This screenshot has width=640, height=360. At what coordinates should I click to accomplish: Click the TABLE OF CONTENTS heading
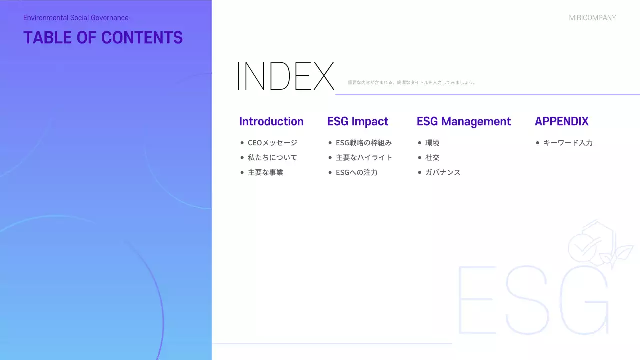pyautogui.click(x=103, y=38)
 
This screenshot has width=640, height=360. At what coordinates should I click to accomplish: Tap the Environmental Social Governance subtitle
pyautogui.click(x=76, y=18)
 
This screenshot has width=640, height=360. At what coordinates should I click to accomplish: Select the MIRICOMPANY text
pyautogui.click(x=592, y=18)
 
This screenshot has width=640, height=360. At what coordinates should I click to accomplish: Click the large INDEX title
pyautogui.click(x=285, y=76)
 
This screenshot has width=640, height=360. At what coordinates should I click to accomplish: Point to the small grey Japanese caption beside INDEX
pyautogui.click(x=411, y=83)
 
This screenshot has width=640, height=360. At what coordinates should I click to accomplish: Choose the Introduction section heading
pyautogui.click(x=271, y=121)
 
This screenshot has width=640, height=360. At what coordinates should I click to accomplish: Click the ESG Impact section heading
pyautogui.click(x=358, y=121)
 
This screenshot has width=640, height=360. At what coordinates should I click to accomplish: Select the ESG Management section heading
pyautogui.click(x=464, y=121)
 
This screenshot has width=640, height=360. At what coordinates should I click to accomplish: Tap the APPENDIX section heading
pyautogui.click(x=562, y=121)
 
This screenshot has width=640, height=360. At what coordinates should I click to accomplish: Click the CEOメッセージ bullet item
pyautogui.click(x=272, y=143)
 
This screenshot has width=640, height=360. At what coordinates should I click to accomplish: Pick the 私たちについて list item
pyautogui.click(x=272, y=158)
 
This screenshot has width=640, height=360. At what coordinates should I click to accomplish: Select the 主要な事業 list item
pyautogui.click(x=265, y=173)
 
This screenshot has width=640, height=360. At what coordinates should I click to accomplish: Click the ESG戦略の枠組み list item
pyautogui.click(x=364, y=143)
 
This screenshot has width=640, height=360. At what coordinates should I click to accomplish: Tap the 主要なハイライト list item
pyautogui.click(x=364, y=158)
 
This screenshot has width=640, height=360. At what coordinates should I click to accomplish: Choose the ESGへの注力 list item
pyautogui.click(x=357, y=173)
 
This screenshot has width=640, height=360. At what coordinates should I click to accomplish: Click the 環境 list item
pyautogui.click(x=432, y=143)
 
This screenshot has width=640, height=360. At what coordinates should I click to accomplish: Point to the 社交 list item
pyautogui.click(x=432, y=158)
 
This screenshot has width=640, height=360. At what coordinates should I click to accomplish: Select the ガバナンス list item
pyautogui.click(x=443, y=173)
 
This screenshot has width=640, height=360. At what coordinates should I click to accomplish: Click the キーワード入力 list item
pyautogui.click(x=568, y=143)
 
